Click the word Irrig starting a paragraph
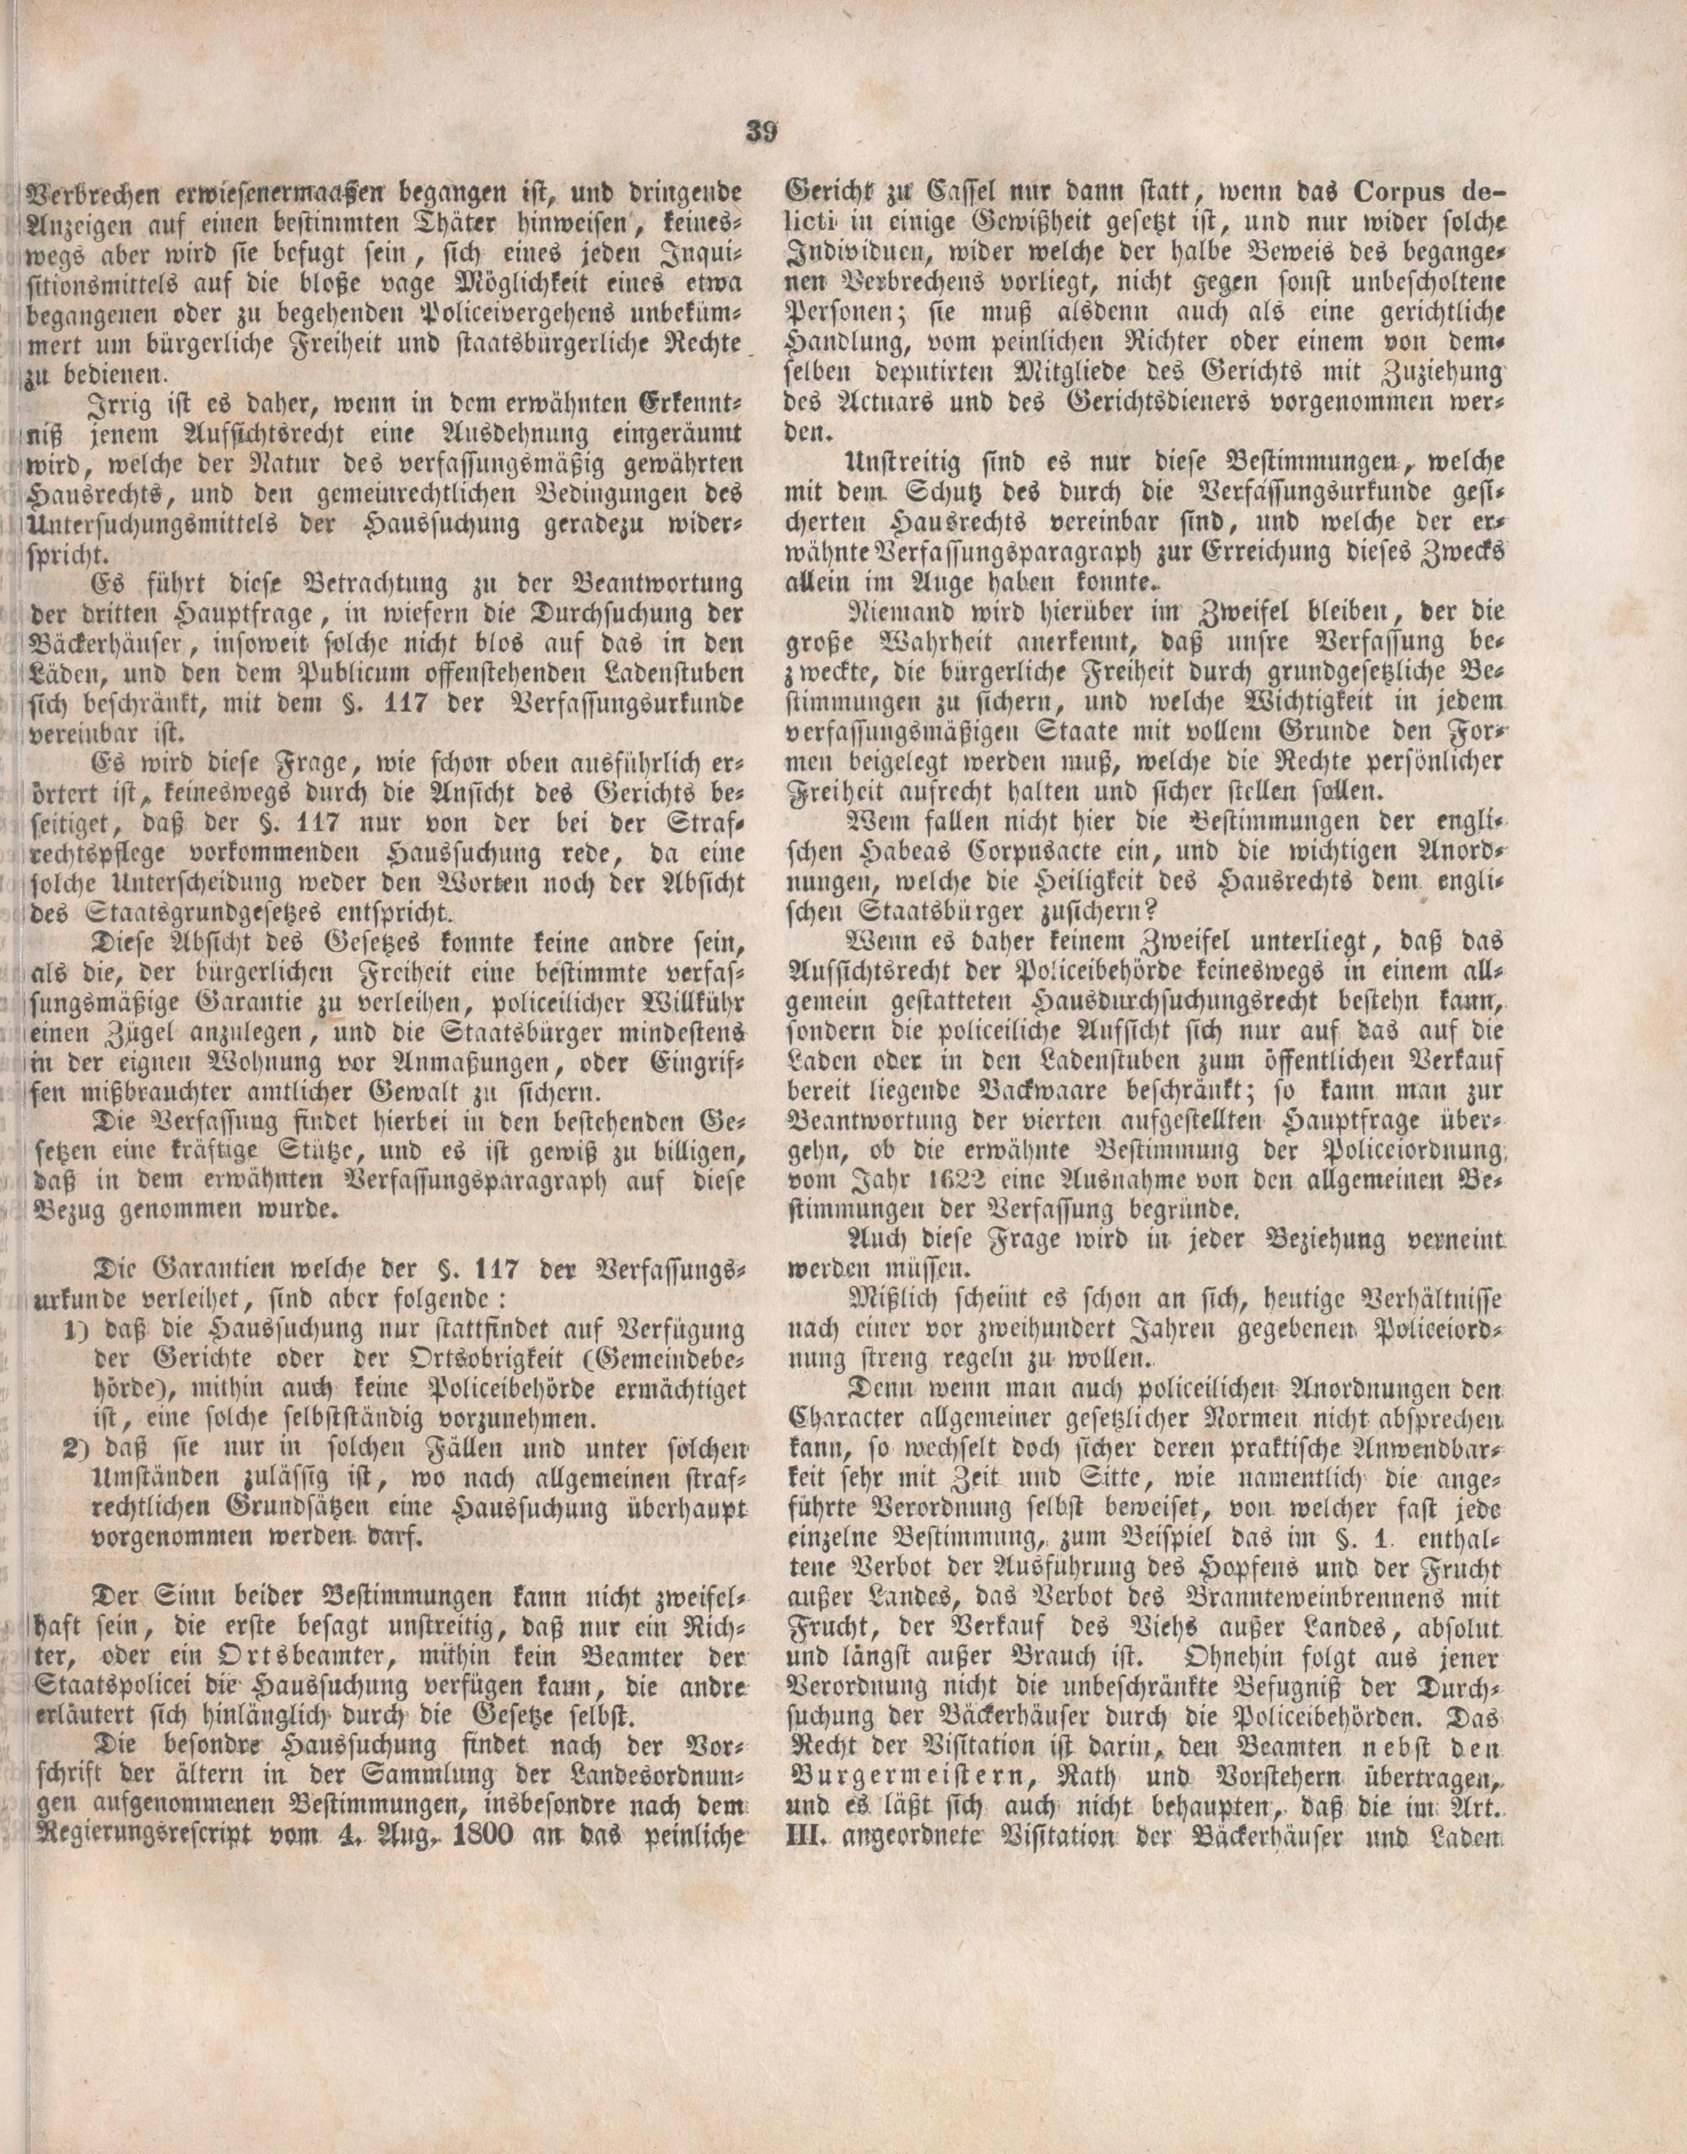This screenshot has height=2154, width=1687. tap(120, 405)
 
